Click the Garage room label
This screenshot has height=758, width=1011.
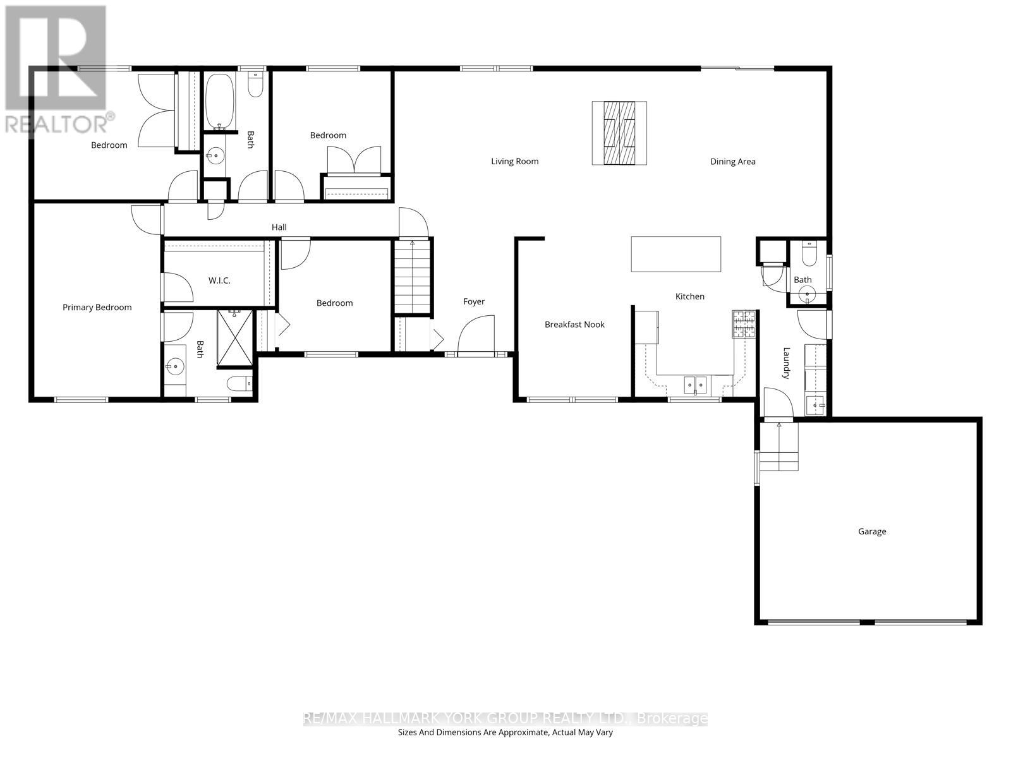click(x=871, y=532)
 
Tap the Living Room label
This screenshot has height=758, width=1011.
click(x=514, y=162)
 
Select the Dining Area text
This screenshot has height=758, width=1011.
click(x=732, y=162)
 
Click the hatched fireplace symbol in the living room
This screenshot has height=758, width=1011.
click(x=619, y=133)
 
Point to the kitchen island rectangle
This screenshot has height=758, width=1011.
click(x=675, y=254)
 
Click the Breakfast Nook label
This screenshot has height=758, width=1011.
click(x=574, y=325)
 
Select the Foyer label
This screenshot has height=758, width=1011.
click(x=473, y=302)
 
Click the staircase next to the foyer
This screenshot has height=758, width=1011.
click(x=413, y=278)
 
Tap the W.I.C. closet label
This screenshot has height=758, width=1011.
click(x=219, y=280)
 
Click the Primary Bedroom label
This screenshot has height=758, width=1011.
click(x=97, y=308)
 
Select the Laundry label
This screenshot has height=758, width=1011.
click(x=787, y=363)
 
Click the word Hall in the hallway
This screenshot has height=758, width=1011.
click(x=279, y=227)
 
